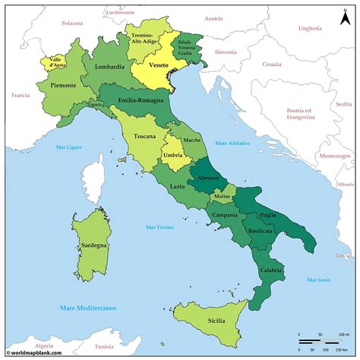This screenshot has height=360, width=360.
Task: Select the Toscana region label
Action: (x=145, y=137)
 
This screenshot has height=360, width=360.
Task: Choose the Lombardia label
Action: (x=109, y=67)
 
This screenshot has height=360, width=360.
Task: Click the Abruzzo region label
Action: (x=208, y=178)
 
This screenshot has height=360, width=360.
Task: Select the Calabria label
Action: (x=272, y=270)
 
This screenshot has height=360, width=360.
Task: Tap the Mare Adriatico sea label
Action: (x=232, y=143)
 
